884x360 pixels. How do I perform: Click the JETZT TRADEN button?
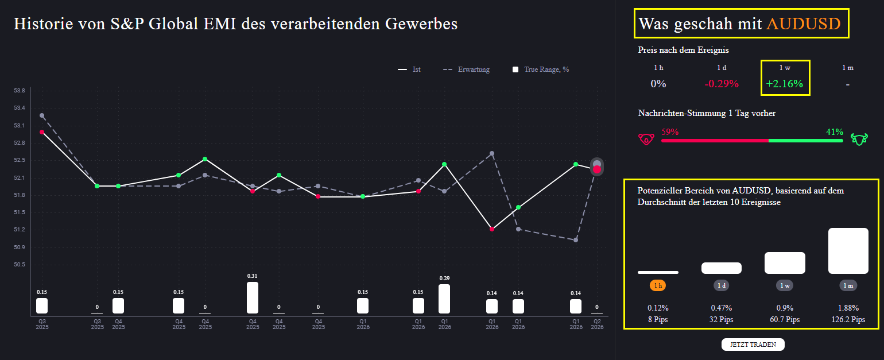pos(753,344)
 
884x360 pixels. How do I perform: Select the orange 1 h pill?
pos(658,285)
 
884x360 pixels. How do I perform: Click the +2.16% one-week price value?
pos(785,84)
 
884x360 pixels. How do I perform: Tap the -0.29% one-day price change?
pos(722,84)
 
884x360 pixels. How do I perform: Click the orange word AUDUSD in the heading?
pos(803,24)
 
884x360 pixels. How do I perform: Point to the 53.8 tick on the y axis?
pos(20,91)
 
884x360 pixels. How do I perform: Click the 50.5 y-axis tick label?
pos(20,265)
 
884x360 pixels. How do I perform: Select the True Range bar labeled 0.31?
pos(253,297)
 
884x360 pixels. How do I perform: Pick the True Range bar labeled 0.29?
pos(444,299)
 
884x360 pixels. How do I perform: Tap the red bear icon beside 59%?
pos(646,140)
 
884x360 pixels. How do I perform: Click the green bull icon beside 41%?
pos(859,139)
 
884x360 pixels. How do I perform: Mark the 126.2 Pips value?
pos(848,319)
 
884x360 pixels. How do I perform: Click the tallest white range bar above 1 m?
pos(848,251)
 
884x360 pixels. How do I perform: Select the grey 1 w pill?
pos(785,285)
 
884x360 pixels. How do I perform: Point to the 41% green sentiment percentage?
pos(834,131)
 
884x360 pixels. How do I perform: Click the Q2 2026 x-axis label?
pos(597,324)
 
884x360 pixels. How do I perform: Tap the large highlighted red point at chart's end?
pos(597,169)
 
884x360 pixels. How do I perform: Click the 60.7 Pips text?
pos(785,319)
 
